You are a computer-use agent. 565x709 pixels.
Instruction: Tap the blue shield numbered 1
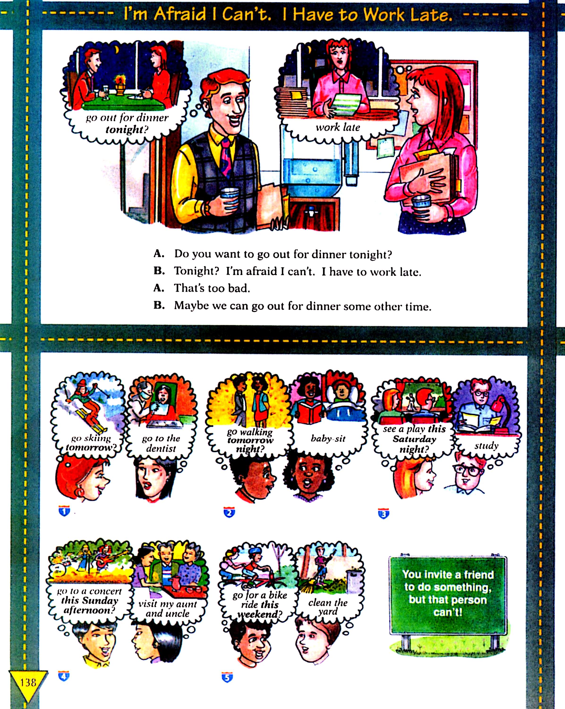point(64,511)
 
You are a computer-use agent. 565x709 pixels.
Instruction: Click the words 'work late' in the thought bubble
point(338,127)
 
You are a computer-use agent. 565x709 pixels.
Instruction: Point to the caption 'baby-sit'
point(328,439)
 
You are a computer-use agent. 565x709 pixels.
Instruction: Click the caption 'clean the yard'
point(328,607)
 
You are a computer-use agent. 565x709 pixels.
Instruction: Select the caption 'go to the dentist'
point(161,443)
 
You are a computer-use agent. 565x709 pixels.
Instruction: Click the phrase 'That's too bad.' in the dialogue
point(212,288)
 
